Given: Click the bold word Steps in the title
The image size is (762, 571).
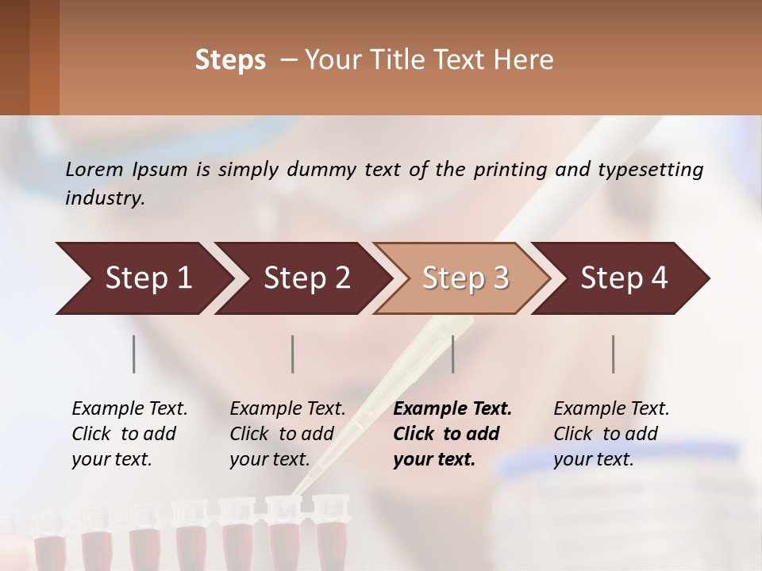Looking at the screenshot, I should (230, 60).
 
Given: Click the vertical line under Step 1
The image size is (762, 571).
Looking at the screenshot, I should (134, 354).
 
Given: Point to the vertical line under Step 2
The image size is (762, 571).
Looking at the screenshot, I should (293, 354).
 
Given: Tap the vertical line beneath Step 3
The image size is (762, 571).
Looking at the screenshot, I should (453, 354).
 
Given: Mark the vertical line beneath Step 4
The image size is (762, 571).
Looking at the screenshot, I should (614, 354).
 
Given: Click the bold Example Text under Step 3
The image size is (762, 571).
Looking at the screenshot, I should (452, 434).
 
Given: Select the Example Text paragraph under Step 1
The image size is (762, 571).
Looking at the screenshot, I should (129, 434).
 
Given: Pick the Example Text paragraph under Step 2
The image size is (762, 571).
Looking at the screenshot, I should (287, 434).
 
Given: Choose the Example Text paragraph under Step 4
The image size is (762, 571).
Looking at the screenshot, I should (611, 434).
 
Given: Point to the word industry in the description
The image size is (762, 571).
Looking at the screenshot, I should (104, 198).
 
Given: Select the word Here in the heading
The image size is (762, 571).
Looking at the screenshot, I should (527, 60).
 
